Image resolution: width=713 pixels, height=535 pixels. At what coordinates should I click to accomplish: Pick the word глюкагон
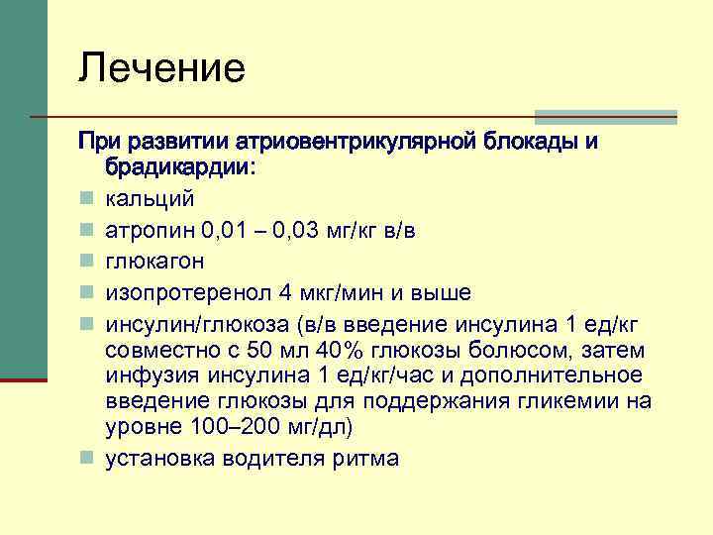coord(155,262)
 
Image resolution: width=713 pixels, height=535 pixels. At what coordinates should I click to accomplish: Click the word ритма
coord(365,458)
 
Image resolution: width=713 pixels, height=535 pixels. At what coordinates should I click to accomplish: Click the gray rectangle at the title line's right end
coord(606,116)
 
